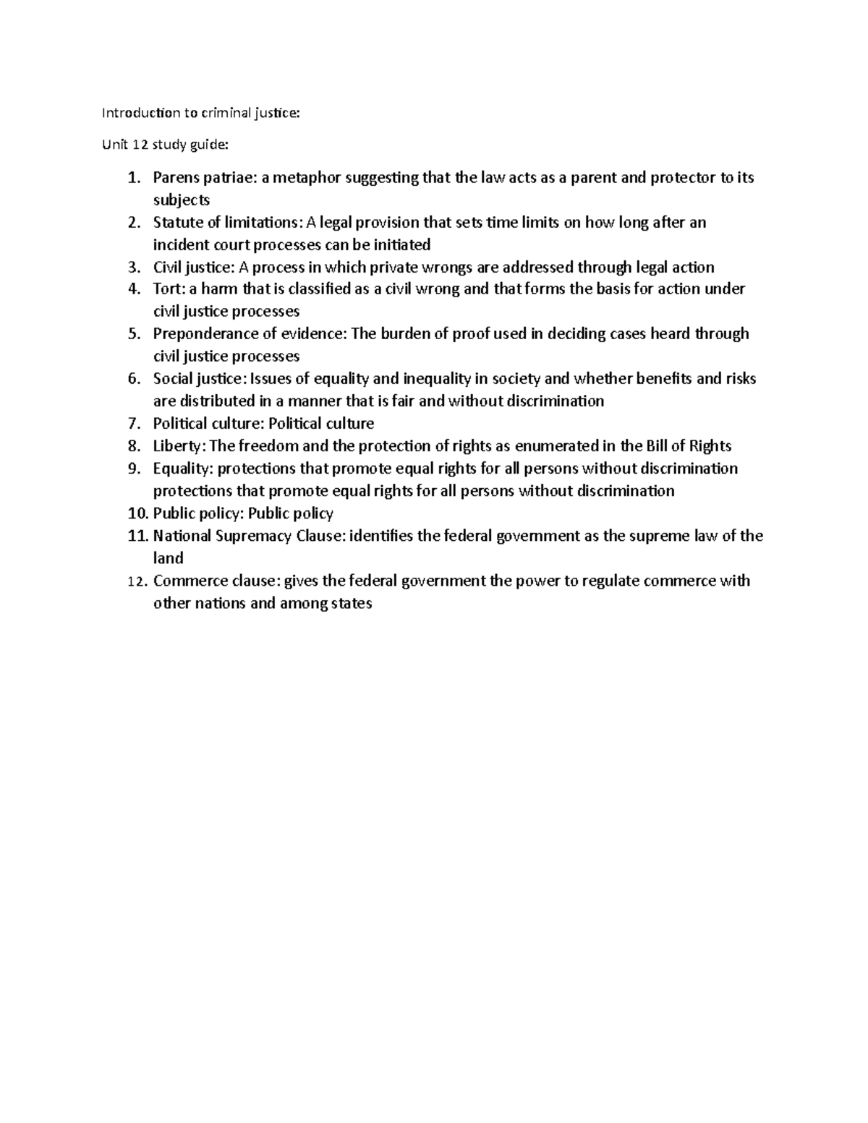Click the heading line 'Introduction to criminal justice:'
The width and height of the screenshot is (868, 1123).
(199, 113)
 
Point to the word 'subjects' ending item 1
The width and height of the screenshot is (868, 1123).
(182, 200)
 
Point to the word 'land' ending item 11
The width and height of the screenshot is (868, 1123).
(168, 558)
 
